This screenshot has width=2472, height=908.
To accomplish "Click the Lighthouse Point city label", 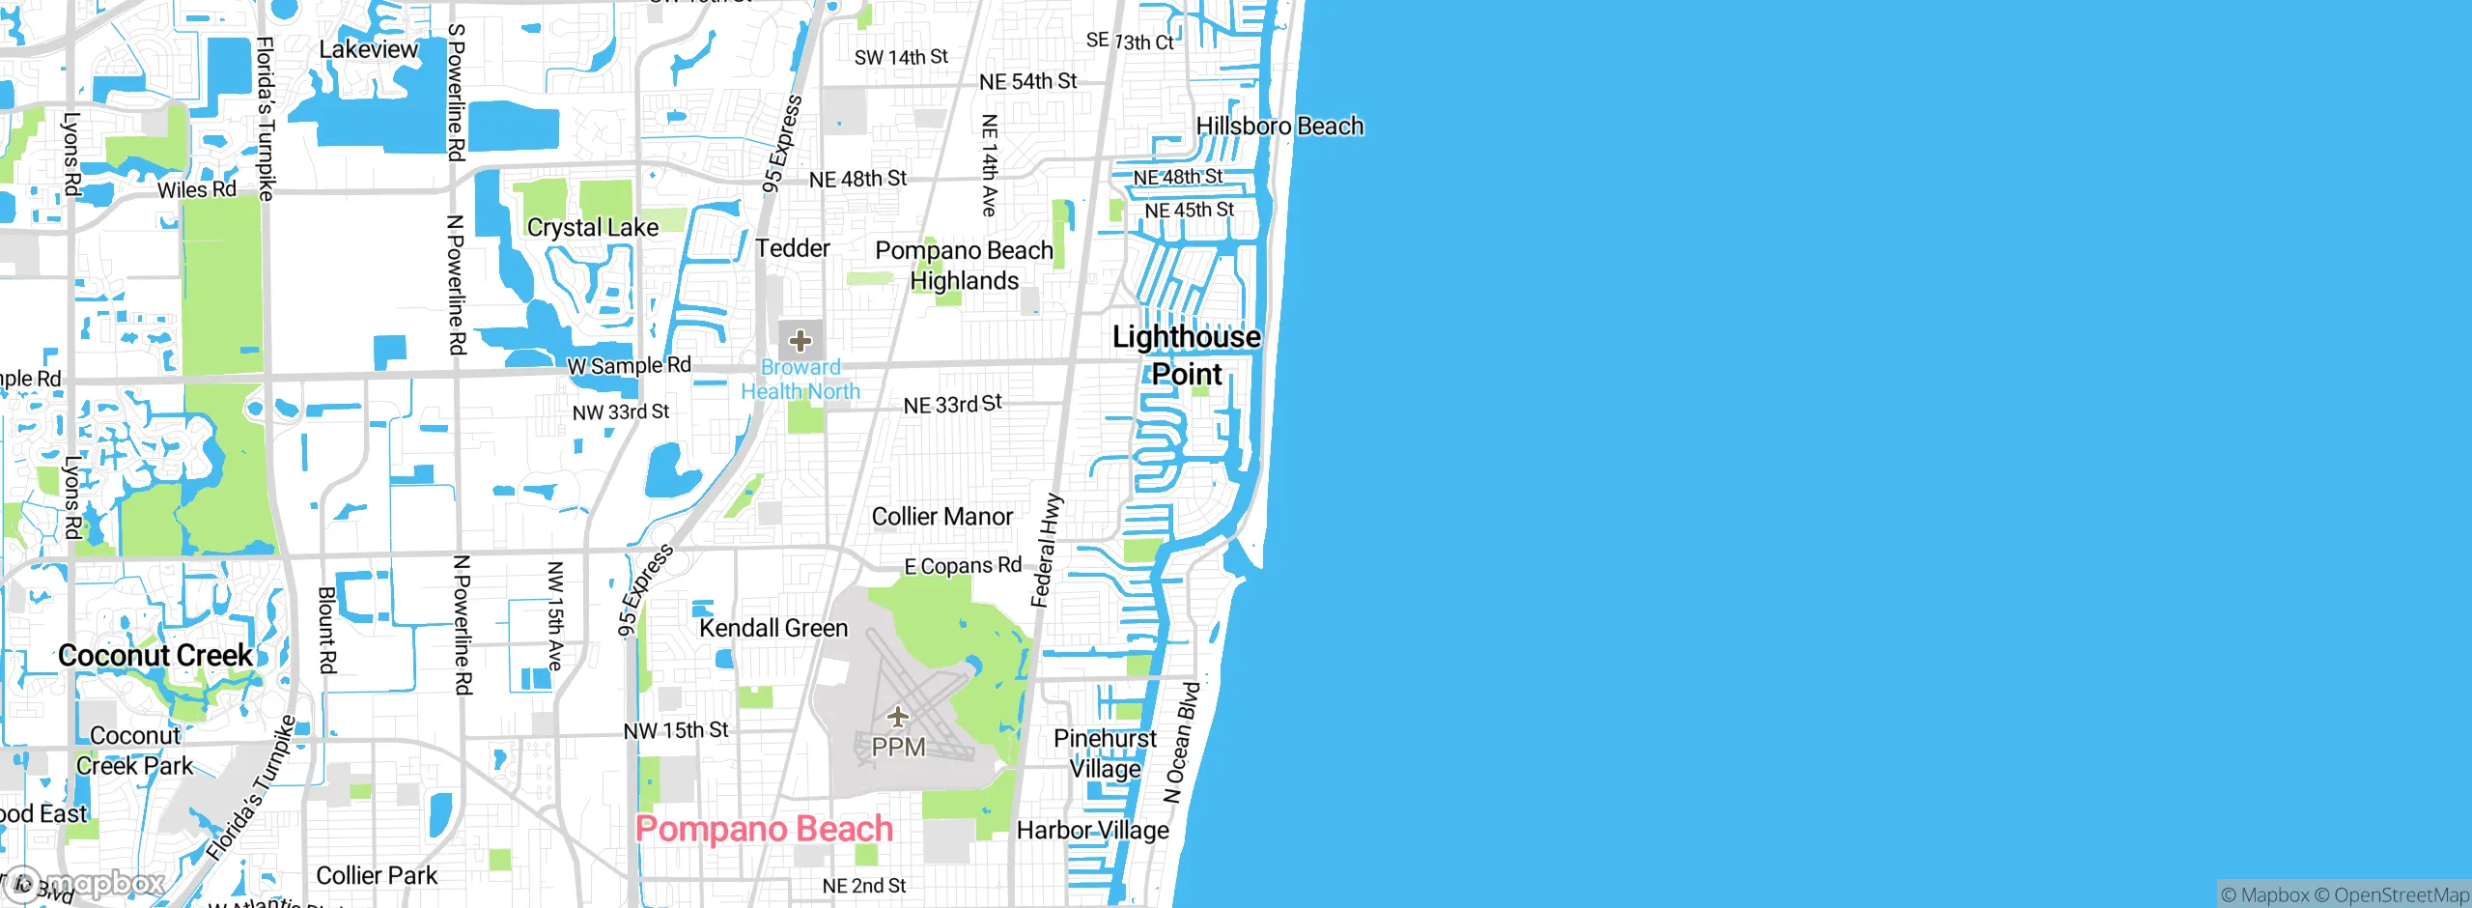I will click(1187, 355).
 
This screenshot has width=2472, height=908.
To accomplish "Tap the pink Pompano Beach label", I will click(764, 829).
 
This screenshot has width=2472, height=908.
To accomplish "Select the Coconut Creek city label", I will click(155, 655).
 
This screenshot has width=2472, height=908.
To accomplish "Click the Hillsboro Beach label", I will click(1279, 127).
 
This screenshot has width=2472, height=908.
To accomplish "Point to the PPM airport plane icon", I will click(898, 717).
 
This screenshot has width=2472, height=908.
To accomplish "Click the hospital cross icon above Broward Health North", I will click(801, 340).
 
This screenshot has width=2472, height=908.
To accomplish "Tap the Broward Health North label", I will click(801, 380).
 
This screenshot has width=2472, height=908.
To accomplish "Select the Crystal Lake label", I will click(593, 228).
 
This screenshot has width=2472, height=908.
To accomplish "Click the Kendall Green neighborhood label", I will click(773, 628).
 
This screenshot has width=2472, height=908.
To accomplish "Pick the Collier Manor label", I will click(942, 517).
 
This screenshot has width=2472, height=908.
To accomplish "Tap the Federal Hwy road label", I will click(1047, 551).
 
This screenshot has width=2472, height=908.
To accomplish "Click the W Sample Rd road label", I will click(629, 366).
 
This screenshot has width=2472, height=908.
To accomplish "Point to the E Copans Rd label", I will click(963, 566).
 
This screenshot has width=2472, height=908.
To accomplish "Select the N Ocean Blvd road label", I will click(1182, 742).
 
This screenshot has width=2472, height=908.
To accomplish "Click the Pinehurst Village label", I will click(1105, 753).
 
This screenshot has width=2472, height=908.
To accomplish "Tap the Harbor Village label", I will click(1092, 831).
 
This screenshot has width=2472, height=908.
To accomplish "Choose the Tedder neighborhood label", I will click(793, 248).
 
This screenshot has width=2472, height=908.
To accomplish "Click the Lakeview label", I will click(369, 49).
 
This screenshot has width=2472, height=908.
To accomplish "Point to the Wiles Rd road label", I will click(197, 189).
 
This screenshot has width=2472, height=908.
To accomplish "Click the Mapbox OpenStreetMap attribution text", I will click(2345, 895).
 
